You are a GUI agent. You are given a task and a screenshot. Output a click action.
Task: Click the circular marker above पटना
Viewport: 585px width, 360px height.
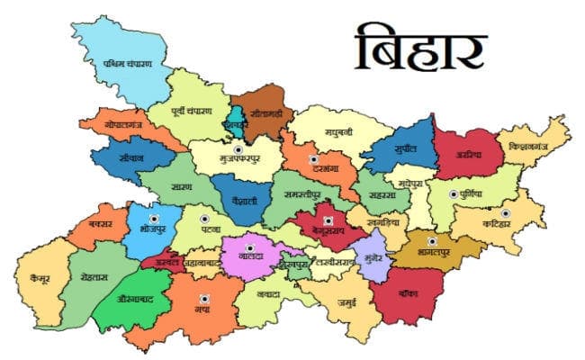[204, 219]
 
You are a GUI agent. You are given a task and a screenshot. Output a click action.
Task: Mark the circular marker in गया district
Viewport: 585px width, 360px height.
[204, 299]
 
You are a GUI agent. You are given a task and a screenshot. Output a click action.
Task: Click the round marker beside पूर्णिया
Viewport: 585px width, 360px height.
[452, 193]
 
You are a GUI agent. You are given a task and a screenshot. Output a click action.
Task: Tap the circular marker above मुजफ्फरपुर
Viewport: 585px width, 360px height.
[238, 149]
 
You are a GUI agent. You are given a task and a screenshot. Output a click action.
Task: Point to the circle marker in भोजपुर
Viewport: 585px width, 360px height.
[153, 218]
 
